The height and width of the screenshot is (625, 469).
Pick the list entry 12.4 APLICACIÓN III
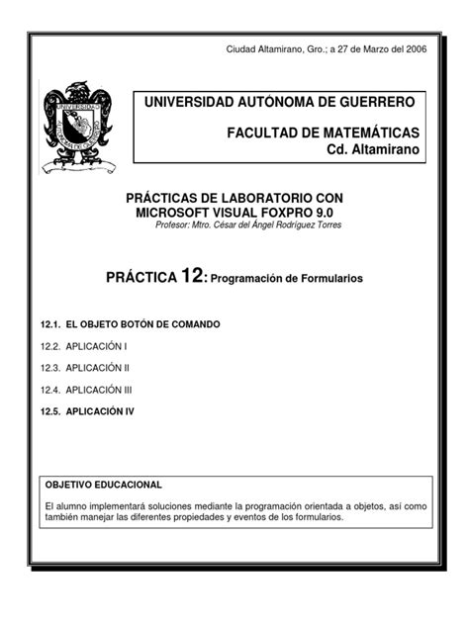pyautogui.click(x=103, y=389)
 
